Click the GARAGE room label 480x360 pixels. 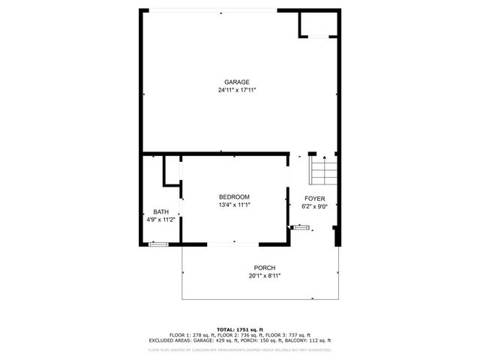[x=236, y=82]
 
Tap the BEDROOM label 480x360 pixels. [x=234, y=196]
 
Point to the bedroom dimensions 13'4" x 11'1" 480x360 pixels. [x=234, y=205]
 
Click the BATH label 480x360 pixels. [x=160, y=211]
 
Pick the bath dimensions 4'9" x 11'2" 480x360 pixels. [x=160, y=220]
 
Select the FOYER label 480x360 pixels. [x=314, y=198]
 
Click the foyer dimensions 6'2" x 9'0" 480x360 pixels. [x=314, y=206]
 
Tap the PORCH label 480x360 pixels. [x=264, y=268]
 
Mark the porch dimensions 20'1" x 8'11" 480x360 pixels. [x=264, y=276]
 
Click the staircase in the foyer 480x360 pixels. [x=324, y=172]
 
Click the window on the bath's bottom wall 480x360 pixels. [x=158, y=244]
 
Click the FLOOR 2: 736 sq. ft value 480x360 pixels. [x=240, y=334]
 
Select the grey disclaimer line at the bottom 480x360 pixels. [x=240, y=349]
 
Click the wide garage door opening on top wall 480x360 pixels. [x=220, y=10]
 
